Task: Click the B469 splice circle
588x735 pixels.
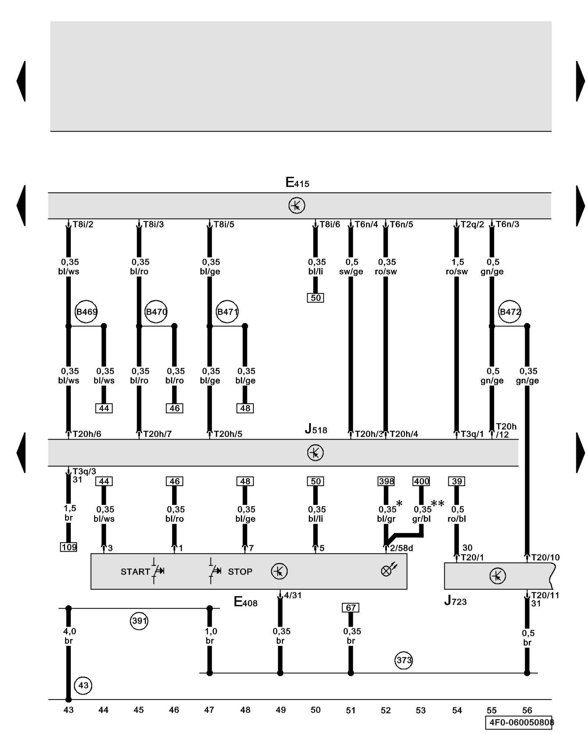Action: [x=86, y=312]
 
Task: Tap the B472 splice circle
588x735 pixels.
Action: [x=509, y=312]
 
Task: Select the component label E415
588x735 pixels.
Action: [x=297, y=183]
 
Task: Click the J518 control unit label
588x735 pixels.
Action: [x=316, y=429]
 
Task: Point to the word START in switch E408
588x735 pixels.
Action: [x=135, y=571]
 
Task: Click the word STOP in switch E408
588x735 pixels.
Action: [x=240, y=571]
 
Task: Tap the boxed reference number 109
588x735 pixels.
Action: [x=69, y=547]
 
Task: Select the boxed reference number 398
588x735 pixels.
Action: [x=386, y=481]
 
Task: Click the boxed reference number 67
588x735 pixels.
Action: [x=351, y=607]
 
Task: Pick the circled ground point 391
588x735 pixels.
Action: [x=139, y=621]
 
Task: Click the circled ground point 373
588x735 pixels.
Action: [x=404, y=660]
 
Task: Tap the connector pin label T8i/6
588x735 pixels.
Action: [x=330, y=225]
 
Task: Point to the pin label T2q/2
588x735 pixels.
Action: [x=472, y=225]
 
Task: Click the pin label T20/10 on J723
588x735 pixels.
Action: [x=545, y=557]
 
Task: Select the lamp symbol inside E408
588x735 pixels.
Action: [x=387, y=570]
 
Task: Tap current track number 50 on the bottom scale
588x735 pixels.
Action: [x=316, y=710]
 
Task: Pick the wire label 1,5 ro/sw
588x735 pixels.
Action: [x=457, y=267]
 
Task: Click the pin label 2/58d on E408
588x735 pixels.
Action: [x=401, y=548]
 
